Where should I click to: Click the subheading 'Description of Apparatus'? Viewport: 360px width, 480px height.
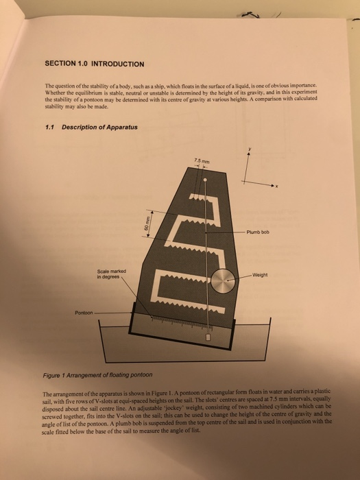pos(100,126)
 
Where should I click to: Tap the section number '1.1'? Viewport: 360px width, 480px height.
pos(49,126)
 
